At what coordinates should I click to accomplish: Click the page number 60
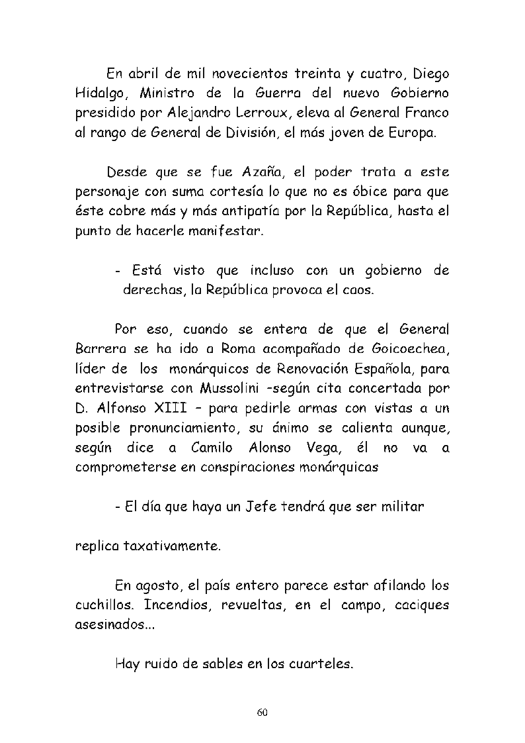point(262,713)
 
